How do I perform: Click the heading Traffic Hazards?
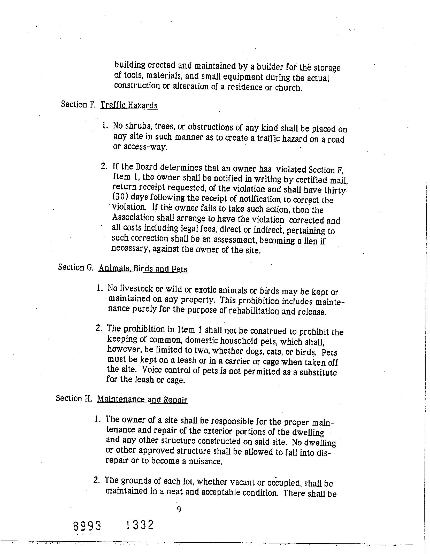[x=129, y=105]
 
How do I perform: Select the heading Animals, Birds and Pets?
[x=143, y=269]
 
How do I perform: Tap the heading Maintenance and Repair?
[x=142, y=399]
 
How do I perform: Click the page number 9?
[x=179, y=509]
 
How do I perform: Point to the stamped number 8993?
[x=87, y=526]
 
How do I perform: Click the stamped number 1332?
[x=140, y=525]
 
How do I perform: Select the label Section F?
[x=78, y=104]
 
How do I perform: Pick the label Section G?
[x=75, y=267]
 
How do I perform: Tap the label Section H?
[x=74, y=398]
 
